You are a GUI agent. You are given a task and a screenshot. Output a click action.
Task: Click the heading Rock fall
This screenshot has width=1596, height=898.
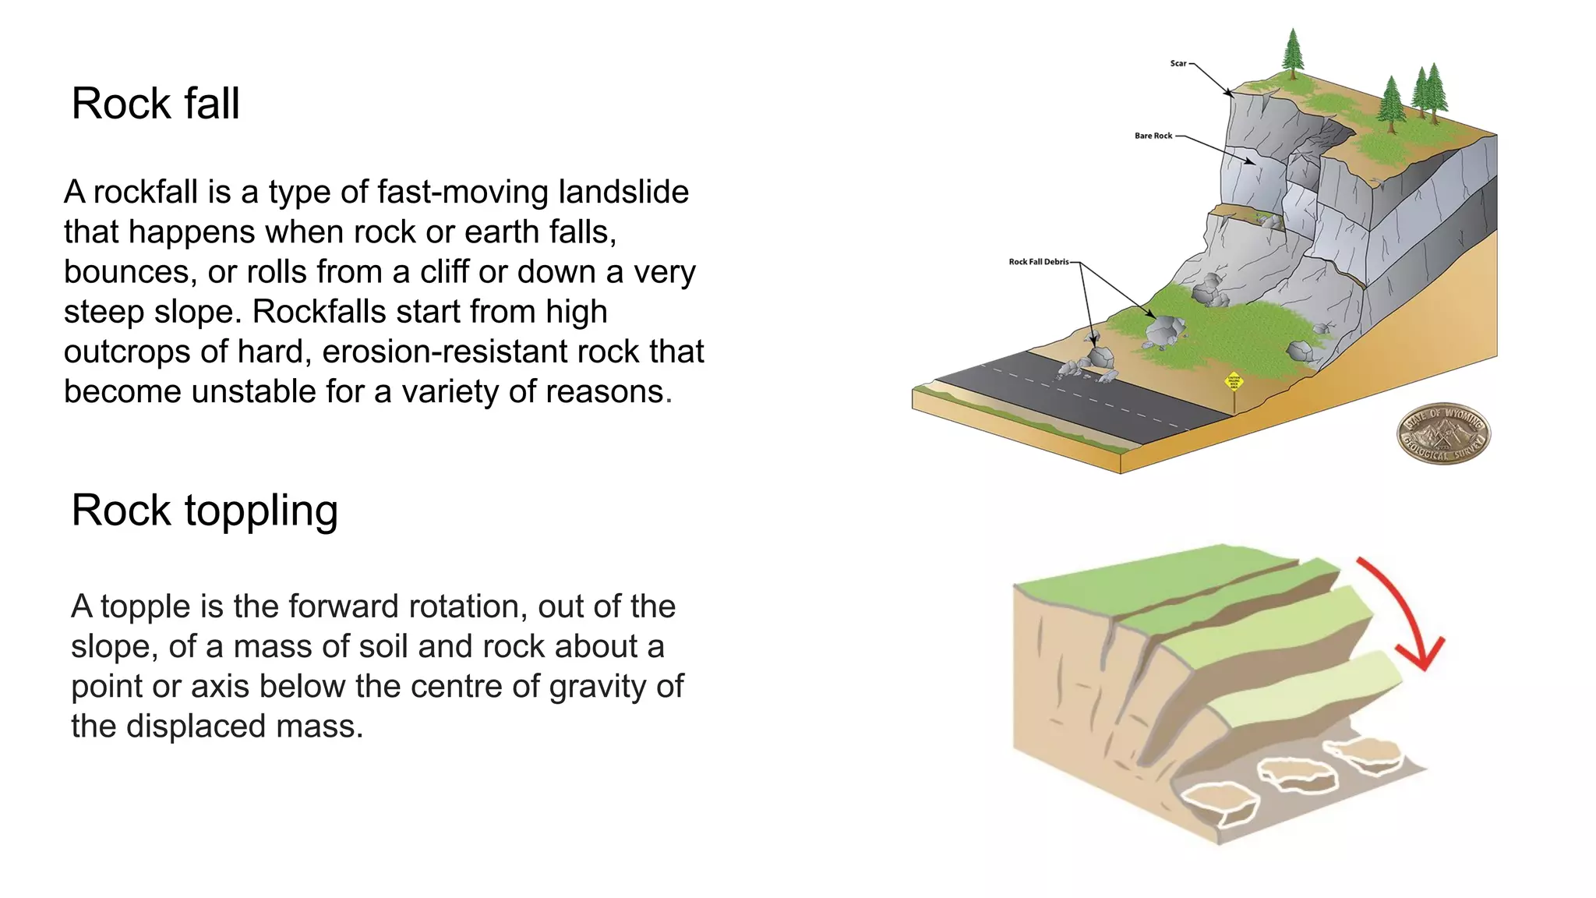click(155, 104)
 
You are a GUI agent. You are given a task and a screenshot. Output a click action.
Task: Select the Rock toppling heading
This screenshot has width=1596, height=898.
click(204, 511)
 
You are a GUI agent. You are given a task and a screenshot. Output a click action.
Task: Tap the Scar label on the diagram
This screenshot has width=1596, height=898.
click(1178, 63)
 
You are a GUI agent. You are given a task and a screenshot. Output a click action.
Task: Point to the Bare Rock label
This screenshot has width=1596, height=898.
click(1153, 136)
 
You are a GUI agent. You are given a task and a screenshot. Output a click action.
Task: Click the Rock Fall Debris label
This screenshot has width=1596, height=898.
click(1038, 262)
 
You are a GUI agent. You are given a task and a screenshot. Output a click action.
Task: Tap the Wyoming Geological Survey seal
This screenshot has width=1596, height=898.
click(1442, 433)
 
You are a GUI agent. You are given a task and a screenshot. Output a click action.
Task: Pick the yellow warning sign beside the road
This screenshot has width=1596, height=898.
click(1234, 381)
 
